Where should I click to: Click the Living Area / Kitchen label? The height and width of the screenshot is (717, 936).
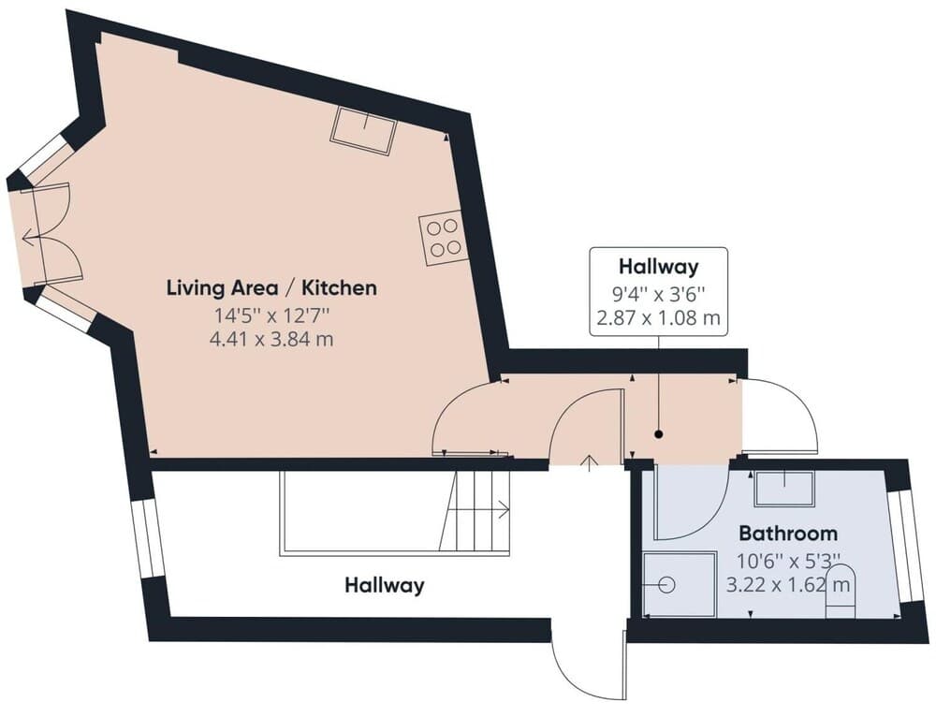[271, 287]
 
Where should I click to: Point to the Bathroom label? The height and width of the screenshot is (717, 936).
[788, 534]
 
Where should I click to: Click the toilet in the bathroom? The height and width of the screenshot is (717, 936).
[841, 592]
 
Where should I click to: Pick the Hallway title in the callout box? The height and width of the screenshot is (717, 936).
[658, 267]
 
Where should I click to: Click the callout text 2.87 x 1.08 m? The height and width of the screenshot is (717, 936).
[658, 318]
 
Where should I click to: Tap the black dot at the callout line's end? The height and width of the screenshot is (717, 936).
[658, 434]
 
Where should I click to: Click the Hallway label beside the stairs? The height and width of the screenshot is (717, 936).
[384, 586]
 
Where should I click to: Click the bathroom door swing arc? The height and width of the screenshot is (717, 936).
[688, 505]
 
